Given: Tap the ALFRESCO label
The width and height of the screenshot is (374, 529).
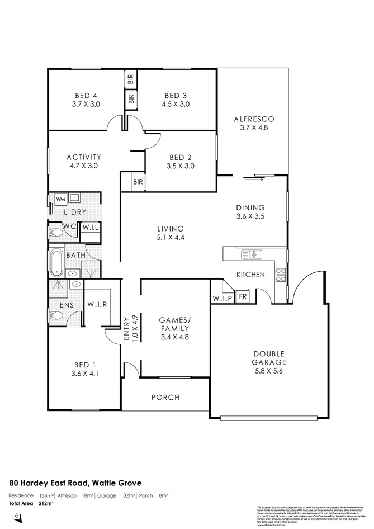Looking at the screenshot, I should [x=254, y=119].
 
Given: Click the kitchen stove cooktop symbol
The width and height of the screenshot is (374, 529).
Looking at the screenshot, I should [x=280, y=274].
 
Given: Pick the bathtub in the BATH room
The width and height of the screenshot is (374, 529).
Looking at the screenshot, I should [x=56, y=264].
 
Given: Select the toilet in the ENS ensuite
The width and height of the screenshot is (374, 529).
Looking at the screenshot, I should [x=56, y=316].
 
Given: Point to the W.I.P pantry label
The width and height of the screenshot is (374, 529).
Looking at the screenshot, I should [x=222, y=297].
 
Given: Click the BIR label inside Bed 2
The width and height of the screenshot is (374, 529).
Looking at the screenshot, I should [x=138, y=182].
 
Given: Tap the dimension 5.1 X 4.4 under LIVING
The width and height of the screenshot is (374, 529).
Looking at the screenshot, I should [x=171, y=237].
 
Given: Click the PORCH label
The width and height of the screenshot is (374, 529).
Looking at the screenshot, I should [x=165, y=398].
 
